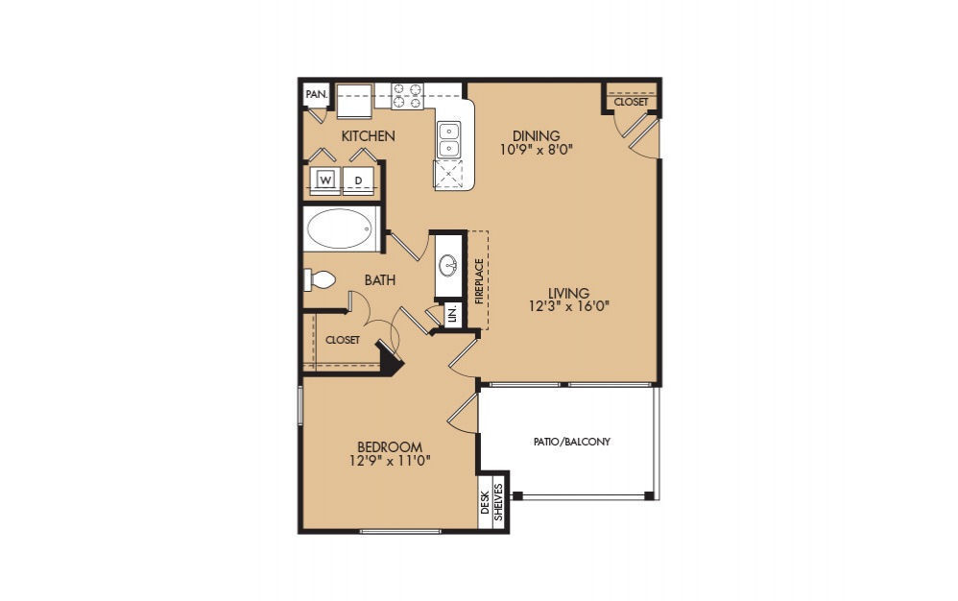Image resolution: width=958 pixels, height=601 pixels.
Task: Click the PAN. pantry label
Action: click(316, 94)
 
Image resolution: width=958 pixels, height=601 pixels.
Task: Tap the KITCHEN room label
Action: click(368, 136)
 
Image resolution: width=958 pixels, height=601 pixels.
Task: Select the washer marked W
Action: click(325, 180)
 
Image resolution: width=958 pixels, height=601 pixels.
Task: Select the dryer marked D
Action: click(359, 180)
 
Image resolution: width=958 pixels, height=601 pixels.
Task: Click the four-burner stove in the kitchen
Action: click(408, 95)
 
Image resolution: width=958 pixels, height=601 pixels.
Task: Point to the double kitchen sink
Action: click(448, 140)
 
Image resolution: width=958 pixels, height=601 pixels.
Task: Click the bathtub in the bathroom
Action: click(340, 230)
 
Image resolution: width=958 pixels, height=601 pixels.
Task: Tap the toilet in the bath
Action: click(320, 279)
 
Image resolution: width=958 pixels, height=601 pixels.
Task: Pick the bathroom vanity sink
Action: click(448, 265)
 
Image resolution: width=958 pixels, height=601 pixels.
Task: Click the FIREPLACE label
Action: click(478, 279)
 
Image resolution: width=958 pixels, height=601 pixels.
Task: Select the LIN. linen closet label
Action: click(452, 313)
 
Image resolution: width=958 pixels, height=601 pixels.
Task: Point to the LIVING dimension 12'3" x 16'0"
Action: click(568, 306)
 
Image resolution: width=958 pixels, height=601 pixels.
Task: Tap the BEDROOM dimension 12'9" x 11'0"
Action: click(390, 460)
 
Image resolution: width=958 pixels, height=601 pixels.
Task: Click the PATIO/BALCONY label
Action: click(572, 442)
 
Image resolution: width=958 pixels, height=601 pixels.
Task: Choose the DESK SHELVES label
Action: click(491, 502)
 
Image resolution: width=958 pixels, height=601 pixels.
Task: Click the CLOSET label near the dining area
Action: click(631, 101)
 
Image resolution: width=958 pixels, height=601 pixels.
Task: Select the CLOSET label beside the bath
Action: click(342, 340)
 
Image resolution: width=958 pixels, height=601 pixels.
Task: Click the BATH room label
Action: click(380, 280)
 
